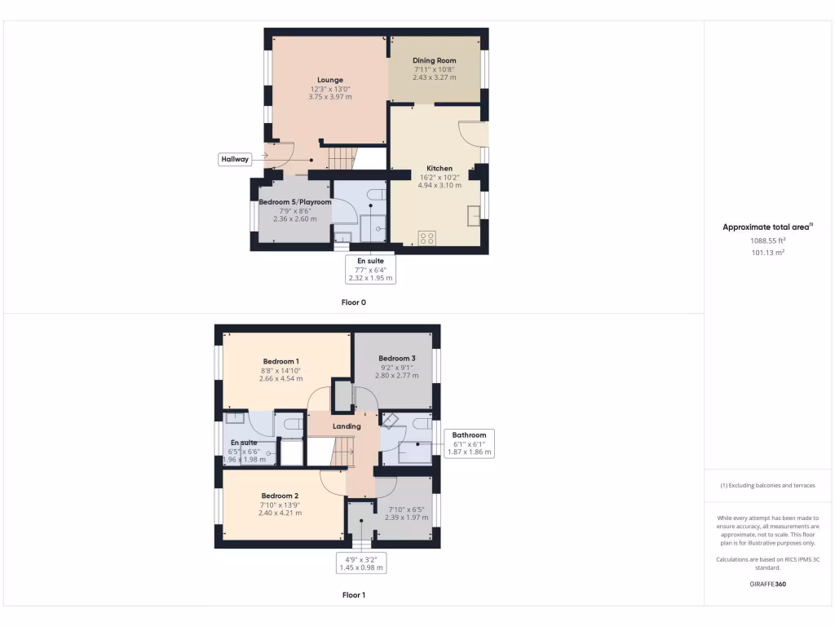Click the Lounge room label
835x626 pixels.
(330, 80)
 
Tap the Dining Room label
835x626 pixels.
(434, 60)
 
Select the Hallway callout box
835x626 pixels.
(234, 159)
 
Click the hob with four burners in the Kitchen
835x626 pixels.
(426, 238)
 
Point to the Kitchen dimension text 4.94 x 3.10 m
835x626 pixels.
(440, 185)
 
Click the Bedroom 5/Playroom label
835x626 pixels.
(295, 201)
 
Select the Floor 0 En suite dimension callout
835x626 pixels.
(371, 270)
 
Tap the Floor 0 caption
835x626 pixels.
(353, 302)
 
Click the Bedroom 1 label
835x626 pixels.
(281, 361)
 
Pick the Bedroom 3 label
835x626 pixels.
(396, 358)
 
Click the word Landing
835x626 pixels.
(347, 425)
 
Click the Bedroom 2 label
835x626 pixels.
(280, 496)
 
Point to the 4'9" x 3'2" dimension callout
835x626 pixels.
(360, 563)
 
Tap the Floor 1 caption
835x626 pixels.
(353, 595)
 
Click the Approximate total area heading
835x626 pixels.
(768, 227)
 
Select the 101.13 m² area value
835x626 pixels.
(768, 253)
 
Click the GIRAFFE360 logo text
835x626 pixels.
(768, 584)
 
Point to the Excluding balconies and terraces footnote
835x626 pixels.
(767, 485)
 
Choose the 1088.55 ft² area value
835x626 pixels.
(768, 241)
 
